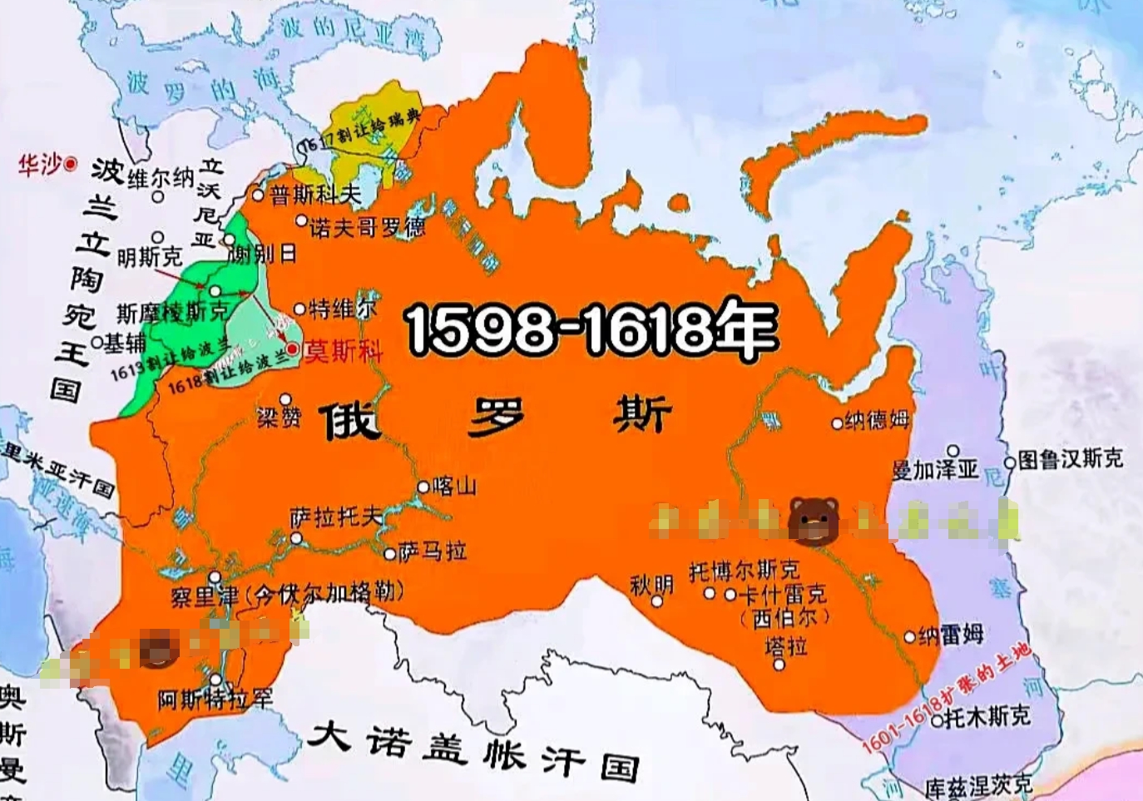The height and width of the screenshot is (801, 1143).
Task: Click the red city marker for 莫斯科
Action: tap(292, 349)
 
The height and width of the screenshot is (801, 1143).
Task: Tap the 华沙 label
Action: tap(40, 165)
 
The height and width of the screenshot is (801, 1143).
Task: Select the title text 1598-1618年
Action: tap(591, 327)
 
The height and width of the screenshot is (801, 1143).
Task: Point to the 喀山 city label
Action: tap(454, 486)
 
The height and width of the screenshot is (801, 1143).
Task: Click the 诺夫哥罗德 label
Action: tap(367, 226)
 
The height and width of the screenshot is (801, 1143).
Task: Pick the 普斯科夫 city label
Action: tap(315, 195)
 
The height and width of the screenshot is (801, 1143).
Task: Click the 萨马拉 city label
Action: tap(432, 551)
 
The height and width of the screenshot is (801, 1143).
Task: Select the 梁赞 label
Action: tap(278, 418)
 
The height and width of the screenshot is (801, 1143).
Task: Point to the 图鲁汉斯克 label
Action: tap(1071, 459)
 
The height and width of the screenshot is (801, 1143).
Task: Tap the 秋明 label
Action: tap(651, 585)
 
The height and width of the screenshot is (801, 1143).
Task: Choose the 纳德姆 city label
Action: tap(877, 421)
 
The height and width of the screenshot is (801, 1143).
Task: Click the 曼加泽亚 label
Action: tap(935, 470)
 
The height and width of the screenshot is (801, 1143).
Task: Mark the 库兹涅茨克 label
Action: tap(978, 784)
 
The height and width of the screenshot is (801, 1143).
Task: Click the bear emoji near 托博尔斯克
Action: tap(813, 521)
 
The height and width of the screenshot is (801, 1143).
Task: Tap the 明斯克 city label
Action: tap(149, 257)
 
